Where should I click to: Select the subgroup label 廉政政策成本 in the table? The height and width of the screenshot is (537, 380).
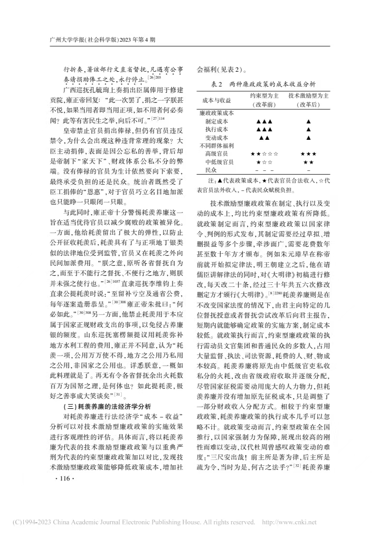click(x=217, y=113)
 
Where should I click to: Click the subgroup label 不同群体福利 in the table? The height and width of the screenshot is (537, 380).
click(x=217, y=145)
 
